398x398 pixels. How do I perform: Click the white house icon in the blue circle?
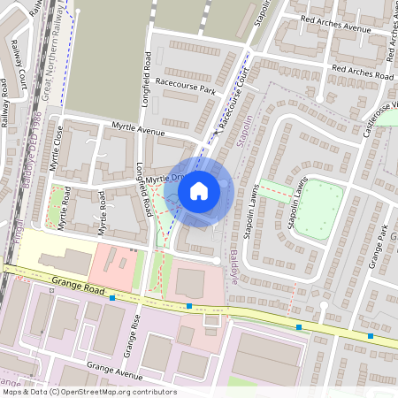pyautogui.click(x=199, y=190)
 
